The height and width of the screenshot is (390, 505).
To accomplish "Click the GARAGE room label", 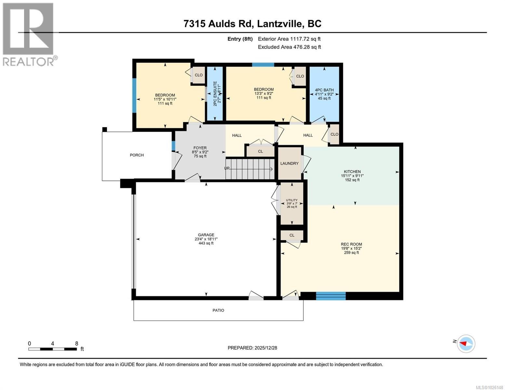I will tap(206, 235).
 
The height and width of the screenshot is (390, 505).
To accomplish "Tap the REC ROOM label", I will tap(351, 244).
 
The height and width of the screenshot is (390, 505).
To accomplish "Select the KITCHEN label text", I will tap(352, 172).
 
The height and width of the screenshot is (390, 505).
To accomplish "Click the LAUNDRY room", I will tap(289, 163).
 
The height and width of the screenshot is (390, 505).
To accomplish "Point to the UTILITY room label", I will tap(292, 200).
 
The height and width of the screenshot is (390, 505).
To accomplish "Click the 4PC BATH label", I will tap(324, 90).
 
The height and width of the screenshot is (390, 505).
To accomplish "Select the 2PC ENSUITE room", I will tap(215, 94).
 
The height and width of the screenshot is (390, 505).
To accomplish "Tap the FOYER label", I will tap(200, 148).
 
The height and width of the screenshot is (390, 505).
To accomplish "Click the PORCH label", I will tap(137, 155).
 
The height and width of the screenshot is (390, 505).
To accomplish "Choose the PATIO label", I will tap(218, 310).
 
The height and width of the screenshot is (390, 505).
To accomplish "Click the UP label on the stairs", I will tap(227, 168).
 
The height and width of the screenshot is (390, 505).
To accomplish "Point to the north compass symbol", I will tap(466, 343).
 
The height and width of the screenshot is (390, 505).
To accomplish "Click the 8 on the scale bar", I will tap(77, 344).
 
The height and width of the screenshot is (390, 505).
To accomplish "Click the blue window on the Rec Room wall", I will tap(331, 296).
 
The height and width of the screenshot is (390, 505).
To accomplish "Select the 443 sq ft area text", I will tap(206, 243).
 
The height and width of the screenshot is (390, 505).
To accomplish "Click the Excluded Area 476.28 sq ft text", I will tap(289, 47).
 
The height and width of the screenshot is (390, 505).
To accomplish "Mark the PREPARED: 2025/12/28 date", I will tap(252, 348).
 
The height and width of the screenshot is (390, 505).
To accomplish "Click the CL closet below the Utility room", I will tap(292, 235).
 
